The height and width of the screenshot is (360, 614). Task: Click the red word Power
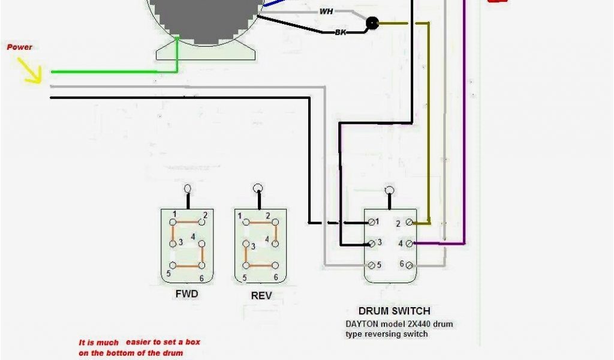click(20, 47)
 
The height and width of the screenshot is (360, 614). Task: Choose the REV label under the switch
click(261, 295)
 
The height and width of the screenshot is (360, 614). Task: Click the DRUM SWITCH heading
click(394, 311)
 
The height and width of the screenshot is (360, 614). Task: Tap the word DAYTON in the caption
click(362, 324)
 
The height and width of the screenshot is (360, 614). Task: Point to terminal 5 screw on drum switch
click(371, 265)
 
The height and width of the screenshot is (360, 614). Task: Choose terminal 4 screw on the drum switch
click(410, 243)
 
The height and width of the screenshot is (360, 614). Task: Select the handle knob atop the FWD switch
click(187, 188)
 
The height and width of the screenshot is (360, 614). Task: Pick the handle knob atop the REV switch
click(258, 188)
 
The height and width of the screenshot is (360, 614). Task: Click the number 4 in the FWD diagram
click(193, 238)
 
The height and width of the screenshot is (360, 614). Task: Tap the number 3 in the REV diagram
click(252, 247)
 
